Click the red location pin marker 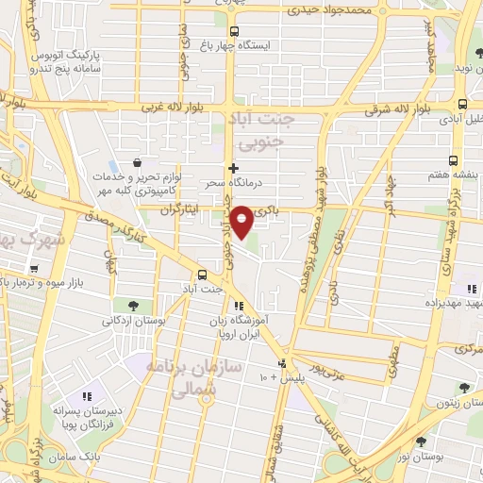(242, 222)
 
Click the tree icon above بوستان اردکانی (131, 305)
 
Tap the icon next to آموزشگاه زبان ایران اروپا (239, 305)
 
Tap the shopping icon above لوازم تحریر (139, 161)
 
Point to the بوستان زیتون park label (462, 402)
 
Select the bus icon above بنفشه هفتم (454, 161)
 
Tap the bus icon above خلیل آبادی (461, 105)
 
